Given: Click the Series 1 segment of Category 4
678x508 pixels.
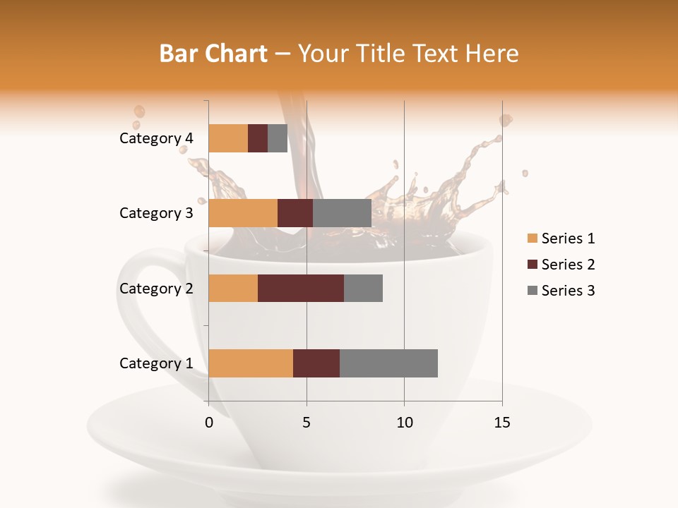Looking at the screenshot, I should point(228,138).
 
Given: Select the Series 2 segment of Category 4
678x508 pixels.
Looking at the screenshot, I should point(258,138).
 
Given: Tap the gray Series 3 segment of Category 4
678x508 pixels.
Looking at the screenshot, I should point(278,138).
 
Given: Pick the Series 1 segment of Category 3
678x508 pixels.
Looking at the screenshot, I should point(243,213).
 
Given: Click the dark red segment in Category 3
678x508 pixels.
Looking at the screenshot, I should point(295,213).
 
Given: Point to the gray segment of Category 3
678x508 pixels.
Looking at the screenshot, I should point(342,213).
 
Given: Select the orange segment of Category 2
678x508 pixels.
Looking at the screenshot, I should point(233,288).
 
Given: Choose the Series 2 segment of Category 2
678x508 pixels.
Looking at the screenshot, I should point(301,288).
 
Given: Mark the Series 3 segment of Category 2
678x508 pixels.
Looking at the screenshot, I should point(363,288).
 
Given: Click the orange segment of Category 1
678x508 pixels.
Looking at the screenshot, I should point(251,363).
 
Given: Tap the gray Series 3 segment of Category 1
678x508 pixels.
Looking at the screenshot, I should point(388,363).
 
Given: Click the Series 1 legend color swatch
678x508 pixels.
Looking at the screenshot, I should point(532,238).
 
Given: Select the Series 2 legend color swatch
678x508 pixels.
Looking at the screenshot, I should point(532,265).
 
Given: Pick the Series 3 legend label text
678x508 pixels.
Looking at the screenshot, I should point(568,291).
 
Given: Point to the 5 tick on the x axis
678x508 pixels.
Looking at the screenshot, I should point(307,423).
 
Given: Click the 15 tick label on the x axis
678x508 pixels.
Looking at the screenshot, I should point(501,423).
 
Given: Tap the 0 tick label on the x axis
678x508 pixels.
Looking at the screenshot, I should point(209,423).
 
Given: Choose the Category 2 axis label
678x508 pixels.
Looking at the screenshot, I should point(156,288).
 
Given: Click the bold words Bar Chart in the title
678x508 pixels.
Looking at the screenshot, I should point(213,54).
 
